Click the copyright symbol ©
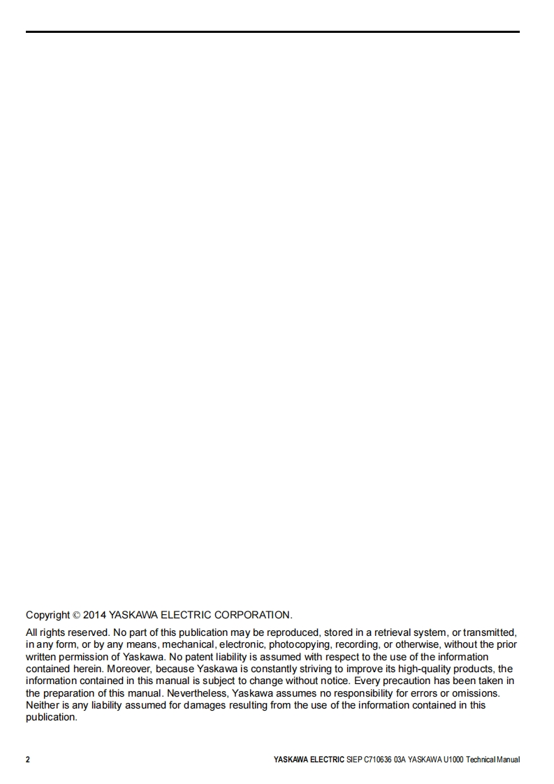click(x=76, y=616)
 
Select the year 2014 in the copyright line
click(x=94, y=616)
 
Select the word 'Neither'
click(x=43, y=705)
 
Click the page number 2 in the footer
click(x=28, y=760)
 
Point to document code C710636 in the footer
click(x=377, y=760)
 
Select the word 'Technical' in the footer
click(x=483, y=760)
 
